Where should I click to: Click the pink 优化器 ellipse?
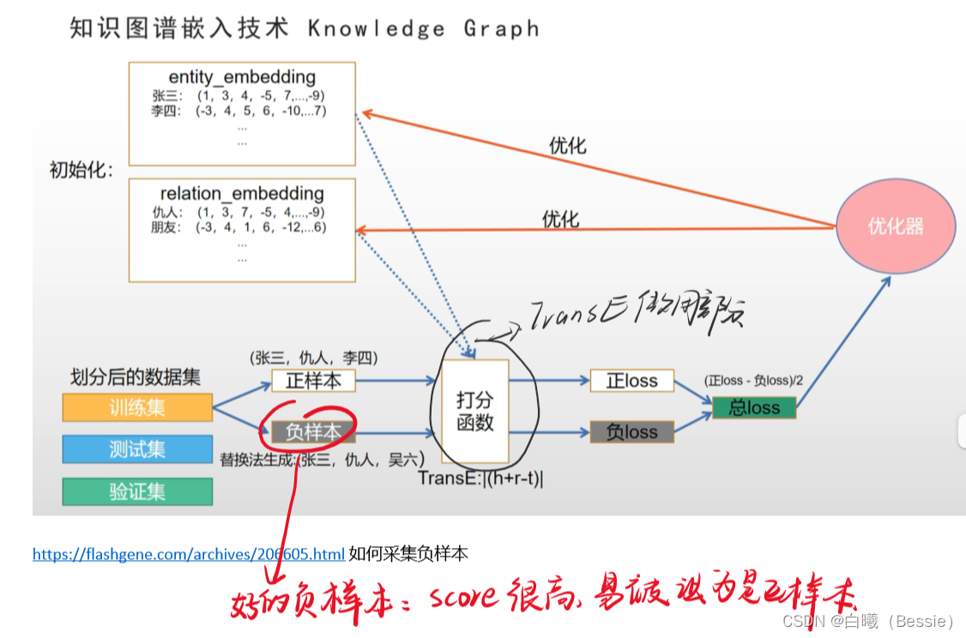click(895, 227)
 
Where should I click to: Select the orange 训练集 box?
click(137, 407)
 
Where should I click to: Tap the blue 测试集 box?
click(137, 449)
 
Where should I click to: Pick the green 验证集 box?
click(137, 491)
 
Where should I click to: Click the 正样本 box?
click(313, 381)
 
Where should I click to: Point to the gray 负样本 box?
click(313, 433)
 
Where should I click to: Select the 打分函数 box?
click(475, 411)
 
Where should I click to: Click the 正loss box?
click(631, 381)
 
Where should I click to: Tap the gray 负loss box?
click(631, 433)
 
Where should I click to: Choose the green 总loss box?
click(754, 407)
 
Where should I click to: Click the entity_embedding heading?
click(242, 77)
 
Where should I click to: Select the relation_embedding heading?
click(242, 194)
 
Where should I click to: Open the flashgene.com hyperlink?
click(189, 554)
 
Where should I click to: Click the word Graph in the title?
click(502, 28)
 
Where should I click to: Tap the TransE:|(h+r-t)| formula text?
click(480, 478)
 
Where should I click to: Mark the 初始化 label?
click(82, 170)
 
